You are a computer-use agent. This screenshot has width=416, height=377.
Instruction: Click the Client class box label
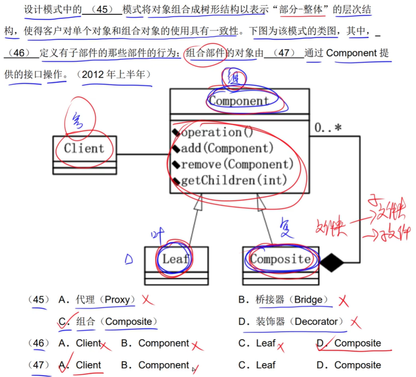point(84,148)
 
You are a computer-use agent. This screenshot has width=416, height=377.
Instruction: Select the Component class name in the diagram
point(239,101)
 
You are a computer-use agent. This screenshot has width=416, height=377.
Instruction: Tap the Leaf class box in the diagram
point(175,259)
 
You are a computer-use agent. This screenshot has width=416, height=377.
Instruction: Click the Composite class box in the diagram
point(280,259)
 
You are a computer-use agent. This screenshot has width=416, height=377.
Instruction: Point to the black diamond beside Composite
point(332,263)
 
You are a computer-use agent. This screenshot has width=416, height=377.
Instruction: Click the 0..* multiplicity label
point(328,128)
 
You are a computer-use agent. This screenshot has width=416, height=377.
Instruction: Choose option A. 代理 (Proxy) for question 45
point(96,300)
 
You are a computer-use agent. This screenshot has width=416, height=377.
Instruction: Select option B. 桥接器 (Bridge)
point(283,300)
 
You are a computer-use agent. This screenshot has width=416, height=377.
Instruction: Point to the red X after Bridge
point(343,301)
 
